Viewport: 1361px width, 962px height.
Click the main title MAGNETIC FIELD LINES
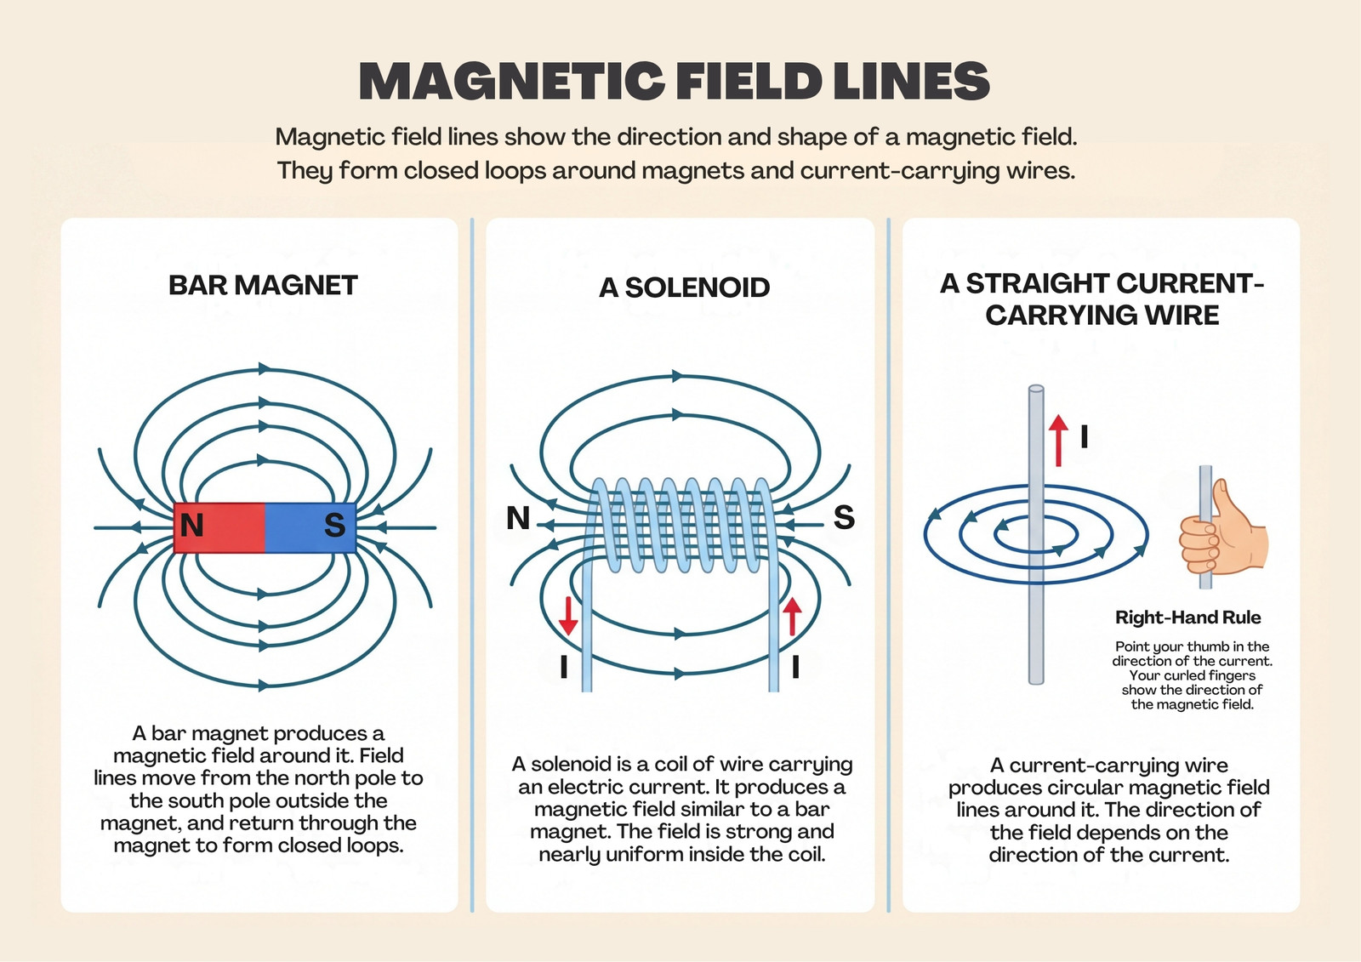coord(675,80)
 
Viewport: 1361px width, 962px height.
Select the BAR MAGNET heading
coord(263,286)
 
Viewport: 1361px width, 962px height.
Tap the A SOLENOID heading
coord(684,288)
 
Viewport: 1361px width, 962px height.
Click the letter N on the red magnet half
coord(191,525)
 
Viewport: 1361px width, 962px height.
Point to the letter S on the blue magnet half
coord(335,525)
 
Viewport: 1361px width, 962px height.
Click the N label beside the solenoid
coord(518,518)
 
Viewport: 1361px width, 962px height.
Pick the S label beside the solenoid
coord(844,517)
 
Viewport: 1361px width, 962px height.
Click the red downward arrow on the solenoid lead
coord(568,616)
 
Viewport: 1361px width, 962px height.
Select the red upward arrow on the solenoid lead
coord(792,616)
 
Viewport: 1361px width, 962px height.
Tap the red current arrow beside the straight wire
coord(1058,441)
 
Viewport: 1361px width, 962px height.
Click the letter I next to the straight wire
coord(1084,436)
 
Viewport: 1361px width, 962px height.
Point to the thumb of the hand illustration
coord(1222,499)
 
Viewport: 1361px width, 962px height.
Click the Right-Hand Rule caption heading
coord(1187,618)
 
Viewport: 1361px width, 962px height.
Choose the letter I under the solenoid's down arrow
coord(564,667)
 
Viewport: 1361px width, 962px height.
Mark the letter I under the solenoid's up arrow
coord(795,667)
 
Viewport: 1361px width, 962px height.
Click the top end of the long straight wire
coord(1036,389)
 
